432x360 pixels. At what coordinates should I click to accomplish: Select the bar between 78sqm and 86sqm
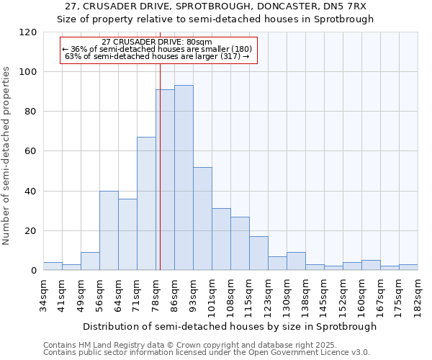[x=165, y=180]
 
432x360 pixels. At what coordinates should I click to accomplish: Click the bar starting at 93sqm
[x=202, y=219]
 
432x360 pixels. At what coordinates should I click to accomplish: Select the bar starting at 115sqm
[x=258, y=253]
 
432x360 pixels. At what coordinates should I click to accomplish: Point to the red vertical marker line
[x=160, y=166]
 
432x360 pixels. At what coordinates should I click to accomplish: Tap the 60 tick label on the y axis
[x=32, y=151]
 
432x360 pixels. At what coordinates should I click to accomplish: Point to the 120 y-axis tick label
[x=29, y=32]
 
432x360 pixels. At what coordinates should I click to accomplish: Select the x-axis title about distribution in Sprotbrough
[x=230, y=326]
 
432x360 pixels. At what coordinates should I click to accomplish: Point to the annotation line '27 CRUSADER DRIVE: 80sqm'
[x=157, y=42]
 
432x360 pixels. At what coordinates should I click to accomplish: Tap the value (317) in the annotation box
[x=229, y=55]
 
